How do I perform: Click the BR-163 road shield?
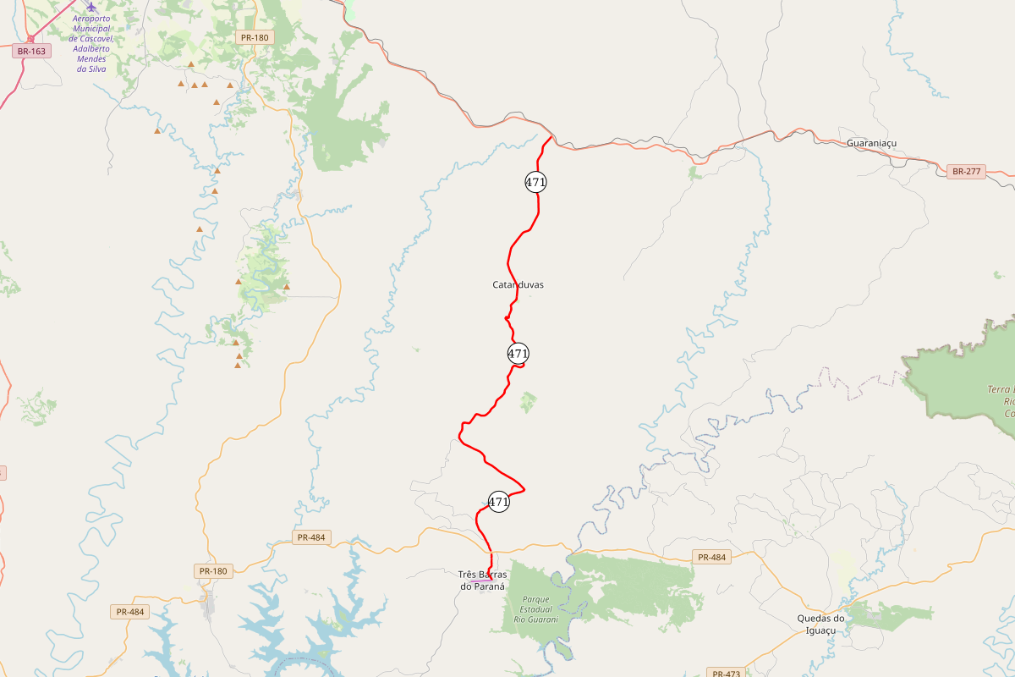pos(31,51)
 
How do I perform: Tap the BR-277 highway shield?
pos(966,172)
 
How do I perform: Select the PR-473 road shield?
pos(726,674)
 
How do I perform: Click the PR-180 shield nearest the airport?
pos(254,37)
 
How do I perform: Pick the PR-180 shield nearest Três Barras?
pos(213,571)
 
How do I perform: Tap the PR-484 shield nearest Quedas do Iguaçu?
pos(711,557)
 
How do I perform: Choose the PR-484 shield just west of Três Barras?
pos(311,537)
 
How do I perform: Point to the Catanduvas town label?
pos(518,284)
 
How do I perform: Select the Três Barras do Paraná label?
pos(482,580)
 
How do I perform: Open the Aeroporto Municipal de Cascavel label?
pos(91,43)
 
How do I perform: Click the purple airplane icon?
pos(91,6)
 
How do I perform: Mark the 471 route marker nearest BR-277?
pos(535,182)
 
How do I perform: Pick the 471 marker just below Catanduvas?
pos(518,353)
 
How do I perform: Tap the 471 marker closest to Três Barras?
pos(499,501)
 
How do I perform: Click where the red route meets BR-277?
pos(551,137)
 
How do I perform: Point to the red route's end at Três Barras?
pos(490,570)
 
